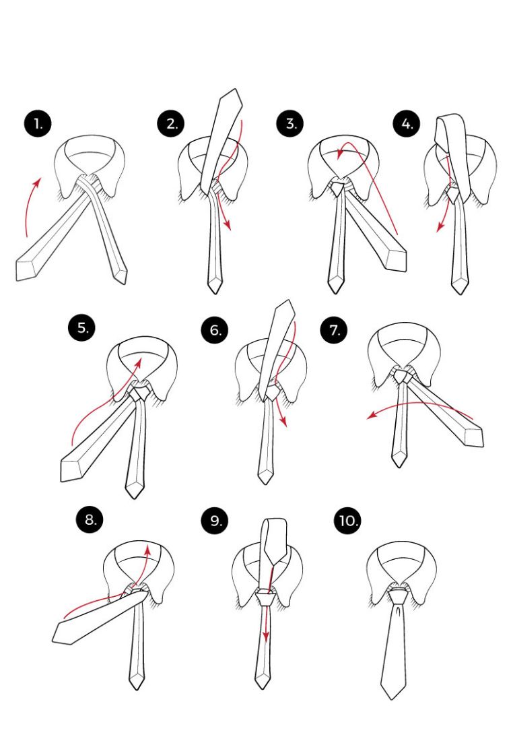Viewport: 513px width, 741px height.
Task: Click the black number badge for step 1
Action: (37, 124)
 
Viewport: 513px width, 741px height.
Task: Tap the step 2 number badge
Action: (171, 123)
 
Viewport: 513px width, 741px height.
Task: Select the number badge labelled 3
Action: (290, 123)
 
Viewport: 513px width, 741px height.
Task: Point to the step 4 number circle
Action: (407, 123)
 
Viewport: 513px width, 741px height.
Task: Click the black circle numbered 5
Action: (81, 327)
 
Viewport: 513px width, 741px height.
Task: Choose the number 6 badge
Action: (215, 329)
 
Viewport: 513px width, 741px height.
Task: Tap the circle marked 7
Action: (334, 329)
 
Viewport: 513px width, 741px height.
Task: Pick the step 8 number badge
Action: (90, 519)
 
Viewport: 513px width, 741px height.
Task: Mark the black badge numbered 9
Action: (215, 520)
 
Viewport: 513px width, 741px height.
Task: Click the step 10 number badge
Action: (347, 520)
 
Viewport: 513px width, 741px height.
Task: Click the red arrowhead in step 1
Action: (38, 181)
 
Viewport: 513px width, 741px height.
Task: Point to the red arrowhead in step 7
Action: (372, 416)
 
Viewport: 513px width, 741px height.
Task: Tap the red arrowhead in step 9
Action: (265, 637)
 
